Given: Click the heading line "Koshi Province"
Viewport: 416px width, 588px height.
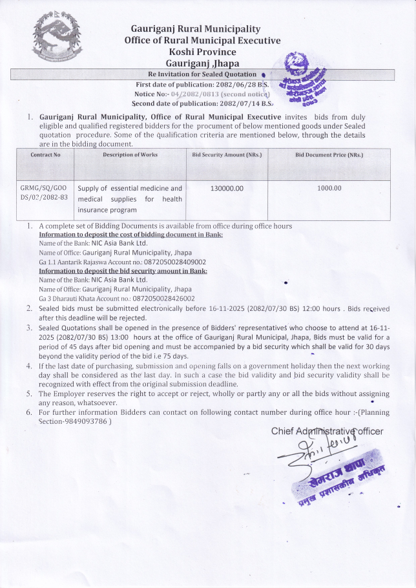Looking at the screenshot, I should point(202,52).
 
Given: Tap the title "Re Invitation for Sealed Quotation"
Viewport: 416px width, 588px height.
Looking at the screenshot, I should point(202,74).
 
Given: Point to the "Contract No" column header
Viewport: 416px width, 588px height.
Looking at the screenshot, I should point(45,156).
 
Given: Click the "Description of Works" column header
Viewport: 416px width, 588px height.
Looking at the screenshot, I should point(130,156).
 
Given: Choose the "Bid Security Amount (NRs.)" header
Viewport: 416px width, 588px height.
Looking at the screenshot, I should point(227,156).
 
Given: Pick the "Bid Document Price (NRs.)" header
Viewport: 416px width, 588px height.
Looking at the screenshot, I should point(329,156).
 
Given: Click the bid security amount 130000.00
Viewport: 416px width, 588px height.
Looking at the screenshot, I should point(227,188).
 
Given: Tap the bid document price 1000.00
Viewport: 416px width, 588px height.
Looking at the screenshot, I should point(329,188).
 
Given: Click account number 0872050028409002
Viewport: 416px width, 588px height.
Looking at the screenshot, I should point(169,262).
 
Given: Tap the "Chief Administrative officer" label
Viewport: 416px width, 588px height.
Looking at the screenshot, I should point(327,431).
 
